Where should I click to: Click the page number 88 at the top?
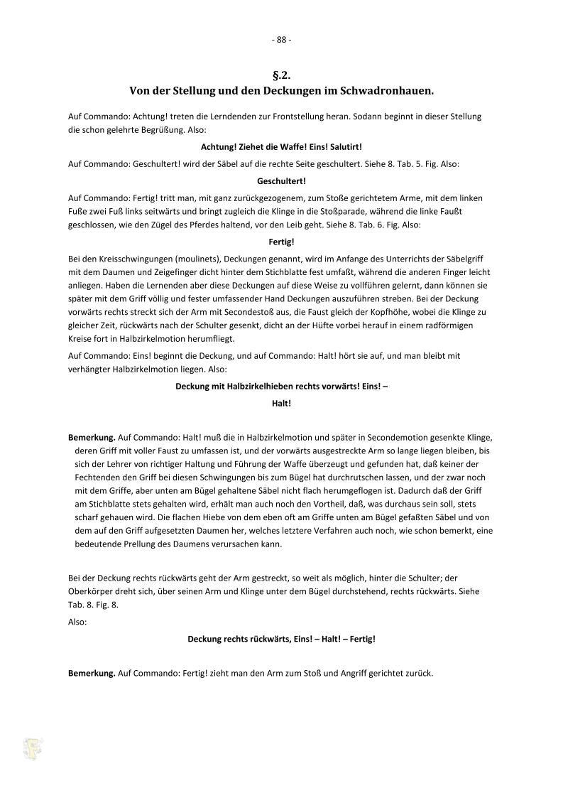coord(281,40)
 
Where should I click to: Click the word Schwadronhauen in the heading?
coord(385,91)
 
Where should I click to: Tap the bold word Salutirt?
coord(344,146)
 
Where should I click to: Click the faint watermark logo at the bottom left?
coord(32,748)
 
